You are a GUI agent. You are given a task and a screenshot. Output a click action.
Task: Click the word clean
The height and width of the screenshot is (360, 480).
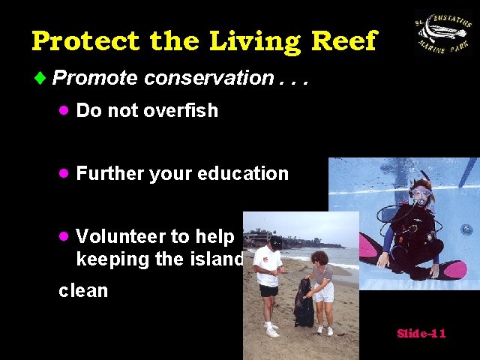click(83, 290)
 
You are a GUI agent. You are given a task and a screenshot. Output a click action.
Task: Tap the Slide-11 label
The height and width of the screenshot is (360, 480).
click(421, 333)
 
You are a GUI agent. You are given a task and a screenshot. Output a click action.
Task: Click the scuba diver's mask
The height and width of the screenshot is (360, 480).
click(421, 194)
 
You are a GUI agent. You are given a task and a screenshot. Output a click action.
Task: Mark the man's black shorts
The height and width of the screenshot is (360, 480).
click(269, 290)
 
